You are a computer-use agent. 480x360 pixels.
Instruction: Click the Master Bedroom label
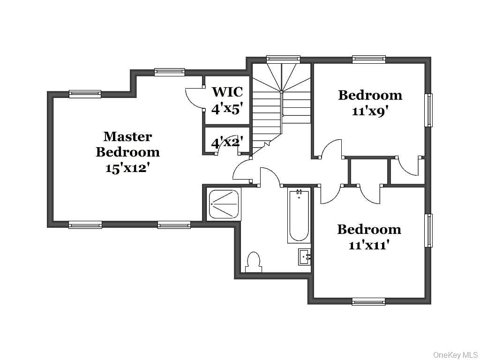[x=127, y=144]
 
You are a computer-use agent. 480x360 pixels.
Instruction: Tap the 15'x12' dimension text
[x=128, y=168]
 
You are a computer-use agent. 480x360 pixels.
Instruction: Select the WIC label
[x=228, y=91]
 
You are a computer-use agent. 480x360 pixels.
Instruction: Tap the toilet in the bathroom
[x=254, y=262]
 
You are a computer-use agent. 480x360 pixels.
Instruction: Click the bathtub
[x=299, y=216]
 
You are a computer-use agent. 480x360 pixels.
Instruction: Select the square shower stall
[x=225, y=204]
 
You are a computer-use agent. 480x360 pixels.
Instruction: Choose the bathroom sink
[x=305, y=256]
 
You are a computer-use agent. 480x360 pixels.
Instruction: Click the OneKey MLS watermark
[x=456, y=355]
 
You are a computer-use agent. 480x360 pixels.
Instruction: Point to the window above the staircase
[x=283, y=59]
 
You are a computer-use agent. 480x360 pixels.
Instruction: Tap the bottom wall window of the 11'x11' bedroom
[x=368, y=301]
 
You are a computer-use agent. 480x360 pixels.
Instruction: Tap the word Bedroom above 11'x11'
[x=369, y=230]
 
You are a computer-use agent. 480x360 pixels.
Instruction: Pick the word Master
[x=127, y=136]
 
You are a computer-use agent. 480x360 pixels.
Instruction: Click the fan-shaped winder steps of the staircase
[x=281, y=76]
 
